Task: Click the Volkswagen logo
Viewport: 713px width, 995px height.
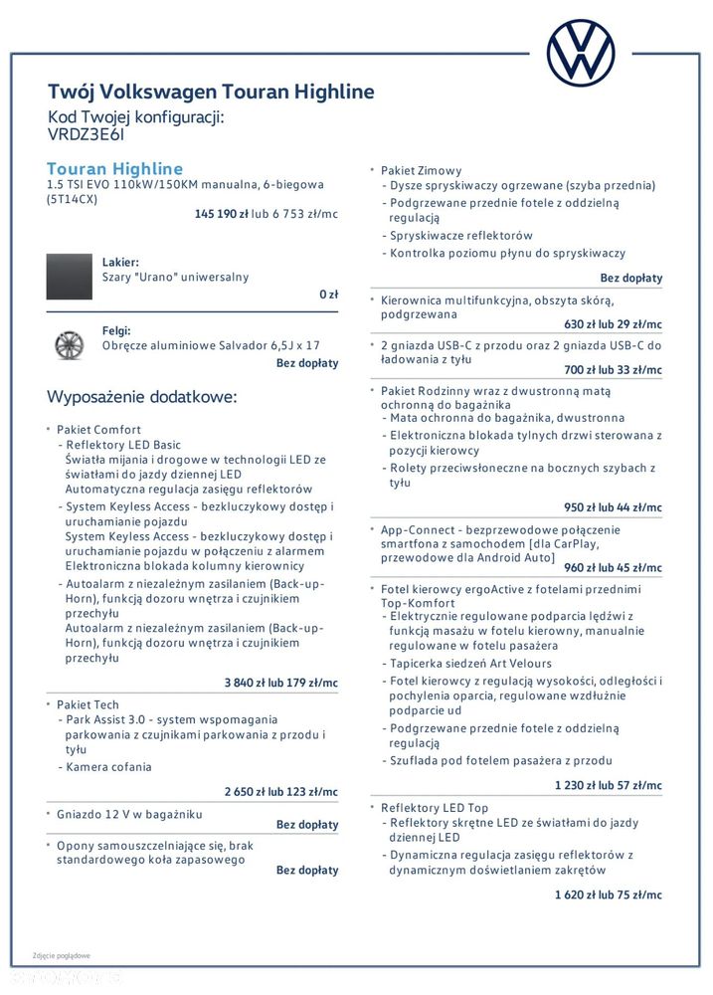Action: click(x=581, y=52)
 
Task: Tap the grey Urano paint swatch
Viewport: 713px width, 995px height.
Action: click(x=69, y=277)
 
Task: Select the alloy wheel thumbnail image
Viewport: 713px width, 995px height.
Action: click(x=69, y=344)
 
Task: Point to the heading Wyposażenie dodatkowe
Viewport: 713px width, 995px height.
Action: click(x=142, y=397)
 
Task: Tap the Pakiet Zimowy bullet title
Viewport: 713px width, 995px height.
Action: click(x=421, y=171)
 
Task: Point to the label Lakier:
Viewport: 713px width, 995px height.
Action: click(x=120, y=262)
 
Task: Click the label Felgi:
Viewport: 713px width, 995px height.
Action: click(x=116, y=330)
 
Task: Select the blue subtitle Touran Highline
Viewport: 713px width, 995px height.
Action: click(x=115, y=169)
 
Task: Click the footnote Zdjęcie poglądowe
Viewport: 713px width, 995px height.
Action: click(x=62, y=955)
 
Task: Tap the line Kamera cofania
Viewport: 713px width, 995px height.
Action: click(x=108, y=767)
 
